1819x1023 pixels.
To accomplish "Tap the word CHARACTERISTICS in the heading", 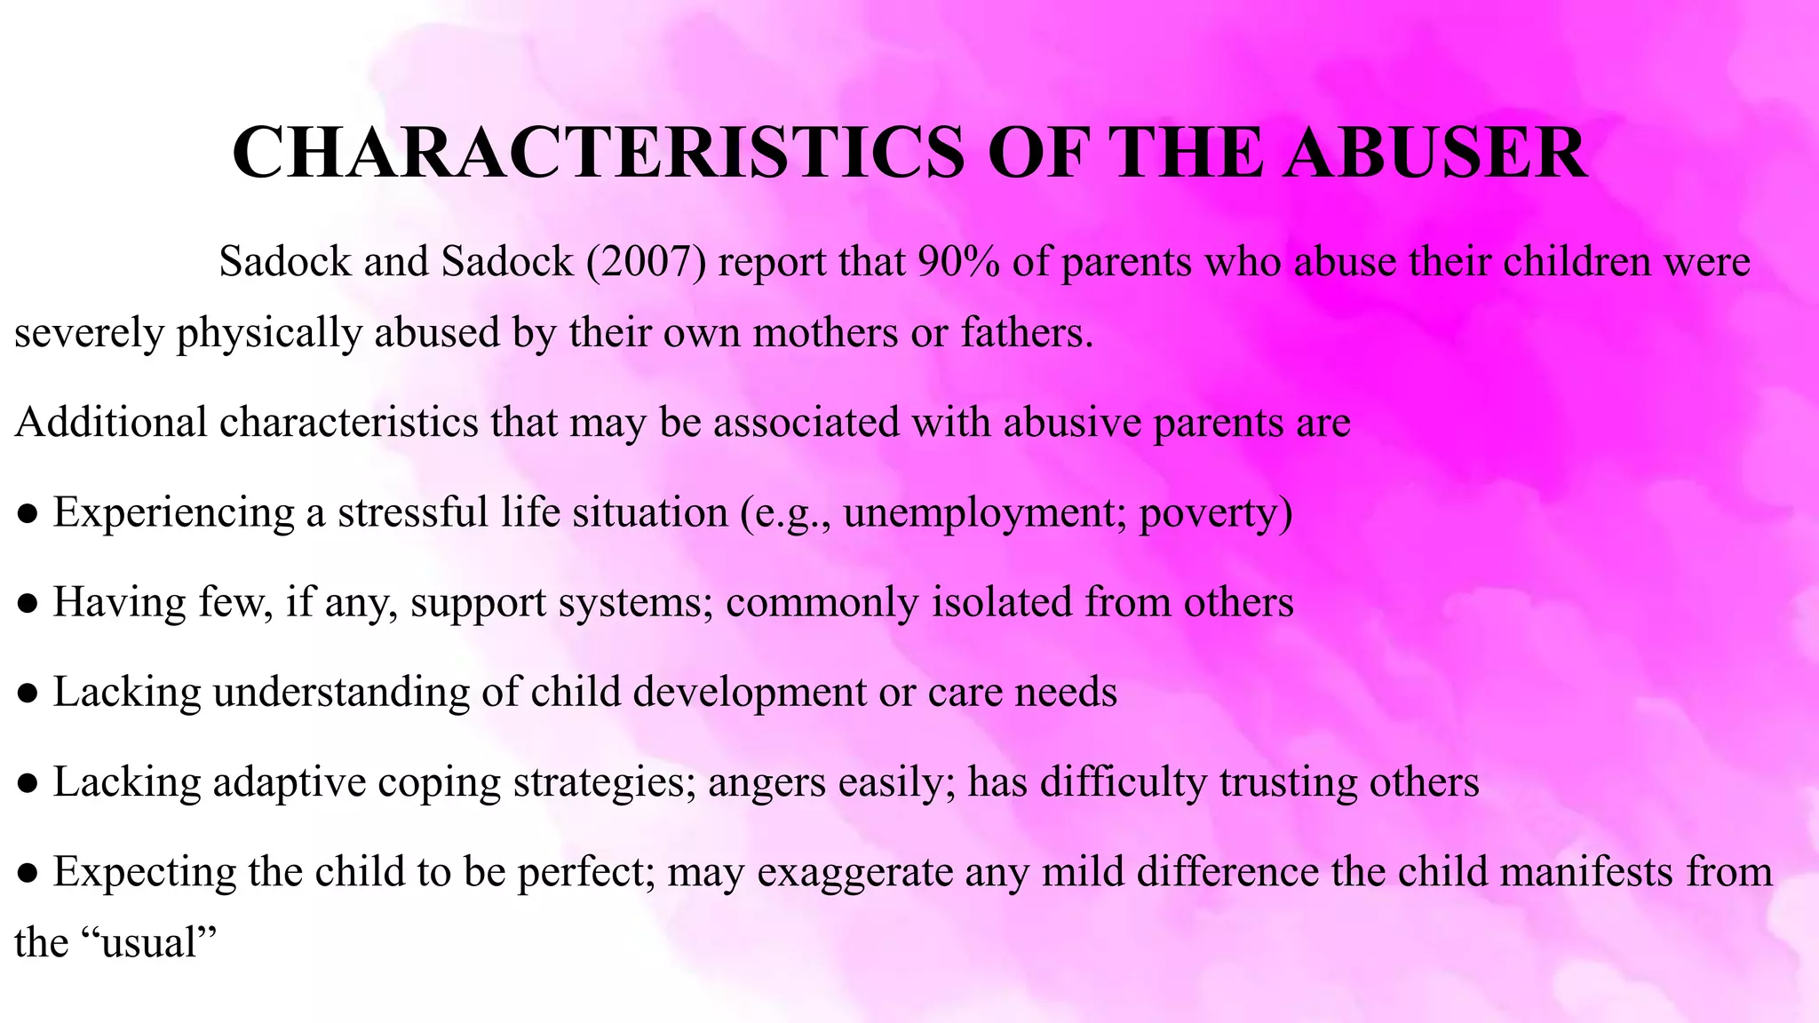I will [x=597, y=153].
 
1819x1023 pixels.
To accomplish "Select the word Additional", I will [x=111, y=422].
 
